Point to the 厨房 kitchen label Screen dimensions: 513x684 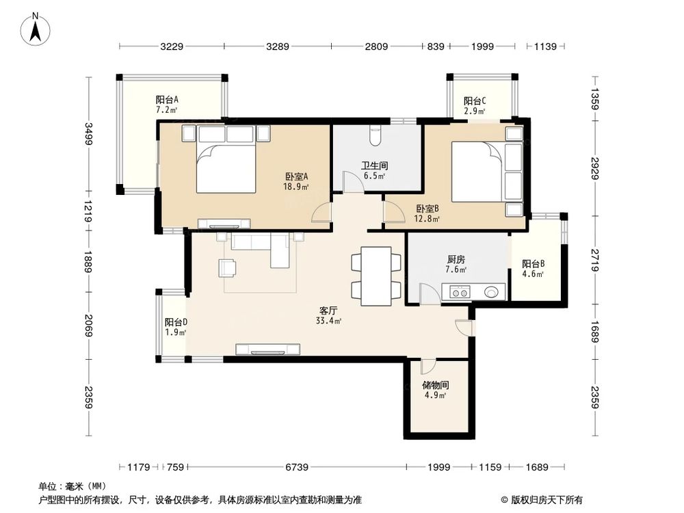(x=456, y=260)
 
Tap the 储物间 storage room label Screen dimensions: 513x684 (x=434, y=385)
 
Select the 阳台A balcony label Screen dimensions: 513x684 (x=167, y=99)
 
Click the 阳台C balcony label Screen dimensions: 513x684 (x=475, y=101)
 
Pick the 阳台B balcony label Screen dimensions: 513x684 (x=533, y=264)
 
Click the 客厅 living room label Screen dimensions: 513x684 (x=326, y=310)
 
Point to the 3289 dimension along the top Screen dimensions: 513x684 (x=277, y=47)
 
